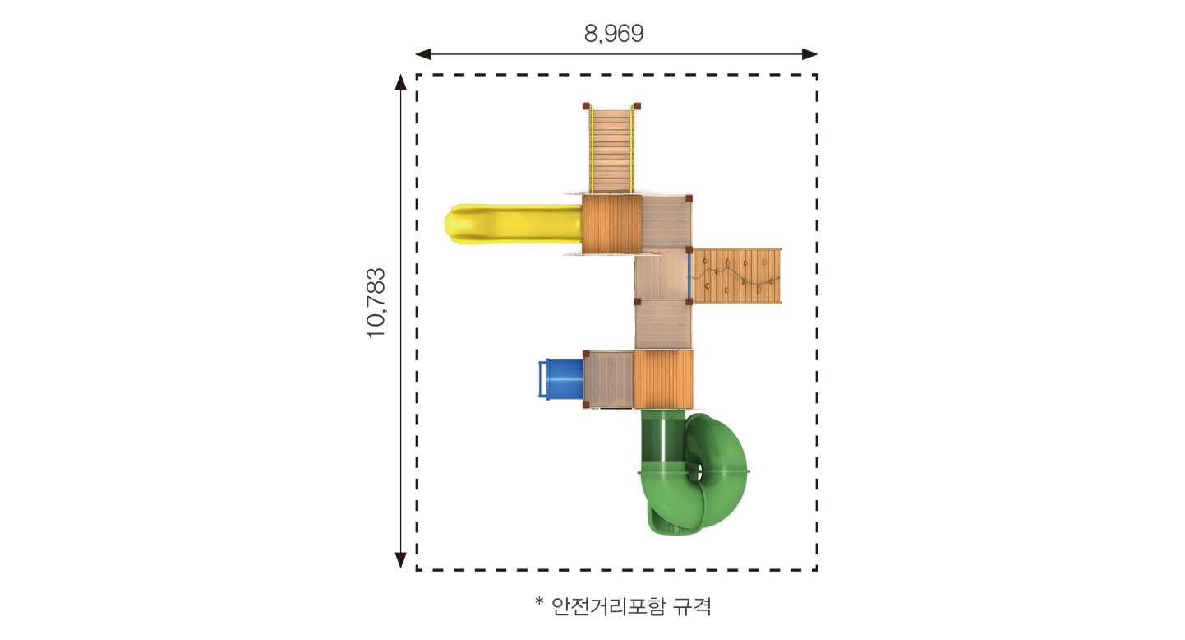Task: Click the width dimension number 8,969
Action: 614,34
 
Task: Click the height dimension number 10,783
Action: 376,304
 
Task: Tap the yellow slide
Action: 513,225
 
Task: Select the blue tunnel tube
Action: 560,379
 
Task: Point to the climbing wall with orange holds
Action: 736,276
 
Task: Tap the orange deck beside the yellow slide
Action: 611,225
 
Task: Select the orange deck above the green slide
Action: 663,379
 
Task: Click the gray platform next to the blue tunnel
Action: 608,379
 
